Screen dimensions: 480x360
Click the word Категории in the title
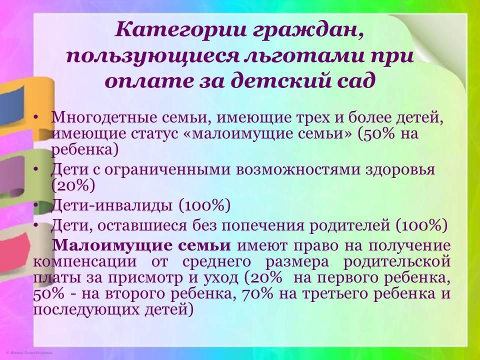181,30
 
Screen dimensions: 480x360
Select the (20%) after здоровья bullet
73,185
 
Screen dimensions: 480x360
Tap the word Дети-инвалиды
111,205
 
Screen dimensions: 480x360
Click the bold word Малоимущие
141,246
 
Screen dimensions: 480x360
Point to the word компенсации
85,262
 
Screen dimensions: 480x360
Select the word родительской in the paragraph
397,262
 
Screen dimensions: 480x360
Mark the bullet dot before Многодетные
36,118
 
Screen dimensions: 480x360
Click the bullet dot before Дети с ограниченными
36,169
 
